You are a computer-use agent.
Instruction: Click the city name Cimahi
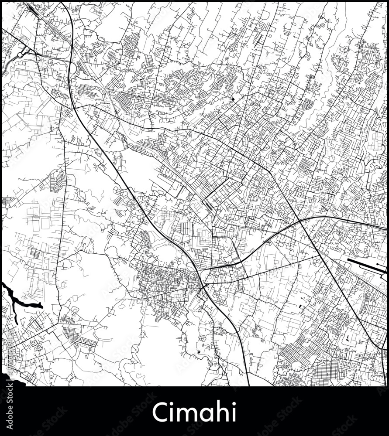click(194, 412)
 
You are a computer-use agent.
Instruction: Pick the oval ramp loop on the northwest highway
click(73, 68)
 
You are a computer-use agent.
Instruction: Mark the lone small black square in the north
click(233, 99)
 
